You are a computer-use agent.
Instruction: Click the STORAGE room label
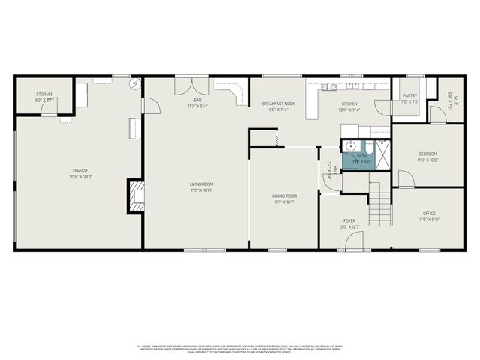44,95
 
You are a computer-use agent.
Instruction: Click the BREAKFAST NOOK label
277,103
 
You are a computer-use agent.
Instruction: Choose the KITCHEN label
350,103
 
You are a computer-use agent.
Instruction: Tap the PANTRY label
409,95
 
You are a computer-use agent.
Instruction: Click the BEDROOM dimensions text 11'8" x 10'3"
427,160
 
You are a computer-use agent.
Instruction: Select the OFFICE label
430,214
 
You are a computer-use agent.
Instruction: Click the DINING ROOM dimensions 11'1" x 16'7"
284,202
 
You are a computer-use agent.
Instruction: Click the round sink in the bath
349,146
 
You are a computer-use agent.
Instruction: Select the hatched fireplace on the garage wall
136,196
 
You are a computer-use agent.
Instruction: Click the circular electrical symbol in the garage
134,84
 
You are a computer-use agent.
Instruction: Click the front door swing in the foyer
355,241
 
